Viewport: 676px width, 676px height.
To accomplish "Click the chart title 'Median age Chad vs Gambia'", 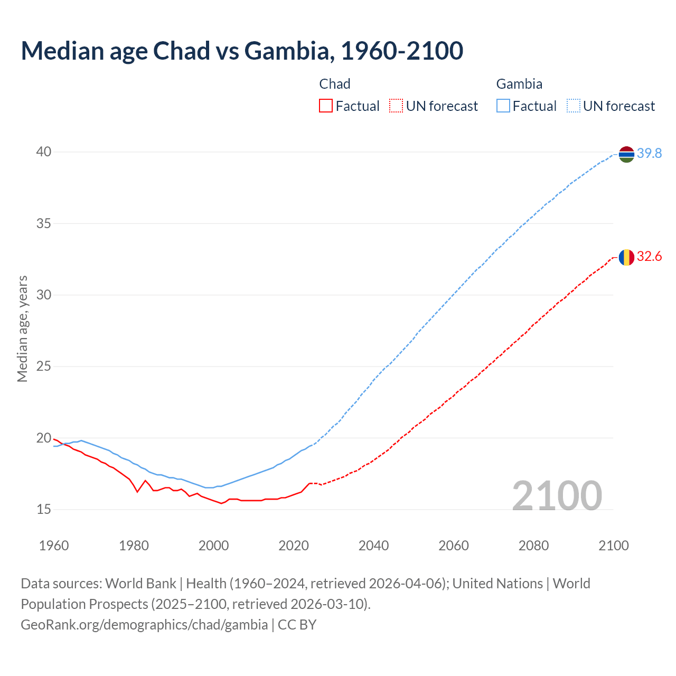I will point(242,51).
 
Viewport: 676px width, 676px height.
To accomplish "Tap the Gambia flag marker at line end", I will point(626,154).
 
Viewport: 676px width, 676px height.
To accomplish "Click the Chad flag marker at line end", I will point(626,257).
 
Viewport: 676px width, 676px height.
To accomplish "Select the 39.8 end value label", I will point(649,154).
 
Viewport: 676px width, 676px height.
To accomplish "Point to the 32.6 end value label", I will point(649,257).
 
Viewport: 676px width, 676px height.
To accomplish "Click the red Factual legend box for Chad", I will point(326,106).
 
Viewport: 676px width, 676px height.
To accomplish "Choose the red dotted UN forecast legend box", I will point(396,106).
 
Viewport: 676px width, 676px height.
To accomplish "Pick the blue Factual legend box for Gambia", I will point(503,106).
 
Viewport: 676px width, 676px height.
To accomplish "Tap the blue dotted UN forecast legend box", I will point(574,106).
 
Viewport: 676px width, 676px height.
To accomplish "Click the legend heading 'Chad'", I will point(335,84).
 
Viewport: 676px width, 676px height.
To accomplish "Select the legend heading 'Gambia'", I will point(519,84).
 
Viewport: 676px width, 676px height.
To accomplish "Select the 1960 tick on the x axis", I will point(54,546).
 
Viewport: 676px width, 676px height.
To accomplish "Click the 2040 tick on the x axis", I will point(373,546).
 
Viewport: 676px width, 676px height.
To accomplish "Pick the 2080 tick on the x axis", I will point(533,546).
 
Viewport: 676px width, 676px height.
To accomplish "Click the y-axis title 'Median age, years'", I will point(22,328).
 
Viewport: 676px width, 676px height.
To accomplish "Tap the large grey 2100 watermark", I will point(557,496).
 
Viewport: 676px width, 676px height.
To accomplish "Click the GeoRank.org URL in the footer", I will point(144,625).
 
